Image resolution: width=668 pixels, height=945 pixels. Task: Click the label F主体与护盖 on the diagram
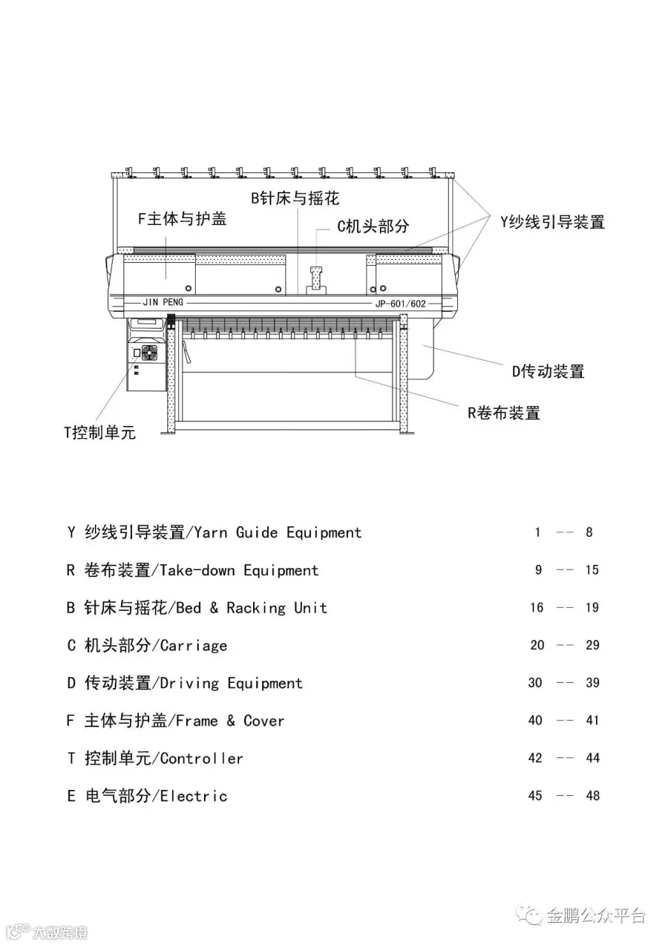182,220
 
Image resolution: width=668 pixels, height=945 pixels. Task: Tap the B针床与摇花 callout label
295,198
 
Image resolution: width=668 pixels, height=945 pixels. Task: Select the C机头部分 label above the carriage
373,226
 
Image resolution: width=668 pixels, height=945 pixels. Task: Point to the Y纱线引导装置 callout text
551,221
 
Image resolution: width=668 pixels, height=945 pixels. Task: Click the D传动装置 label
549,371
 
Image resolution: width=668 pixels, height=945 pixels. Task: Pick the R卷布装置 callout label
503,413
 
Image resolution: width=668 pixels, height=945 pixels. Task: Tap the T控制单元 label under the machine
99,433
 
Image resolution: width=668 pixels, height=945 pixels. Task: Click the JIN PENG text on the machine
163,302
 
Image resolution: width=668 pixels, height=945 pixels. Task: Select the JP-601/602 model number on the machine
401,304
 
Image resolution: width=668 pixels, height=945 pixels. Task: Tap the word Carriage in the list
194,645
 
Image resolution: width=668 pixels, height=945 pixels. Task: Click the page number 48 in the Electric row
592,796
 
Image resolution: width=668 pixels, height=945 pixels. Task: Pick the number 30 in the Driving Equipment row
535,683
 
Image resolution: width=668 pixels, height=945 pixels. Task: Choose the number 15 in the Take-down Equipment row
592,570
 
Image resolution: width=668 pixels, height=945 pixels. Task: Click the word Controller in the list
202,758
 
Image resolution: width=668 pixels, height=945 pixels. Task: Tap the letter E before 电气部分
71,796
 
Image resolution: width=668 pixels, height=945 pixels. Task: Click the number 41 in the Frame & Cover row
592,720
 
